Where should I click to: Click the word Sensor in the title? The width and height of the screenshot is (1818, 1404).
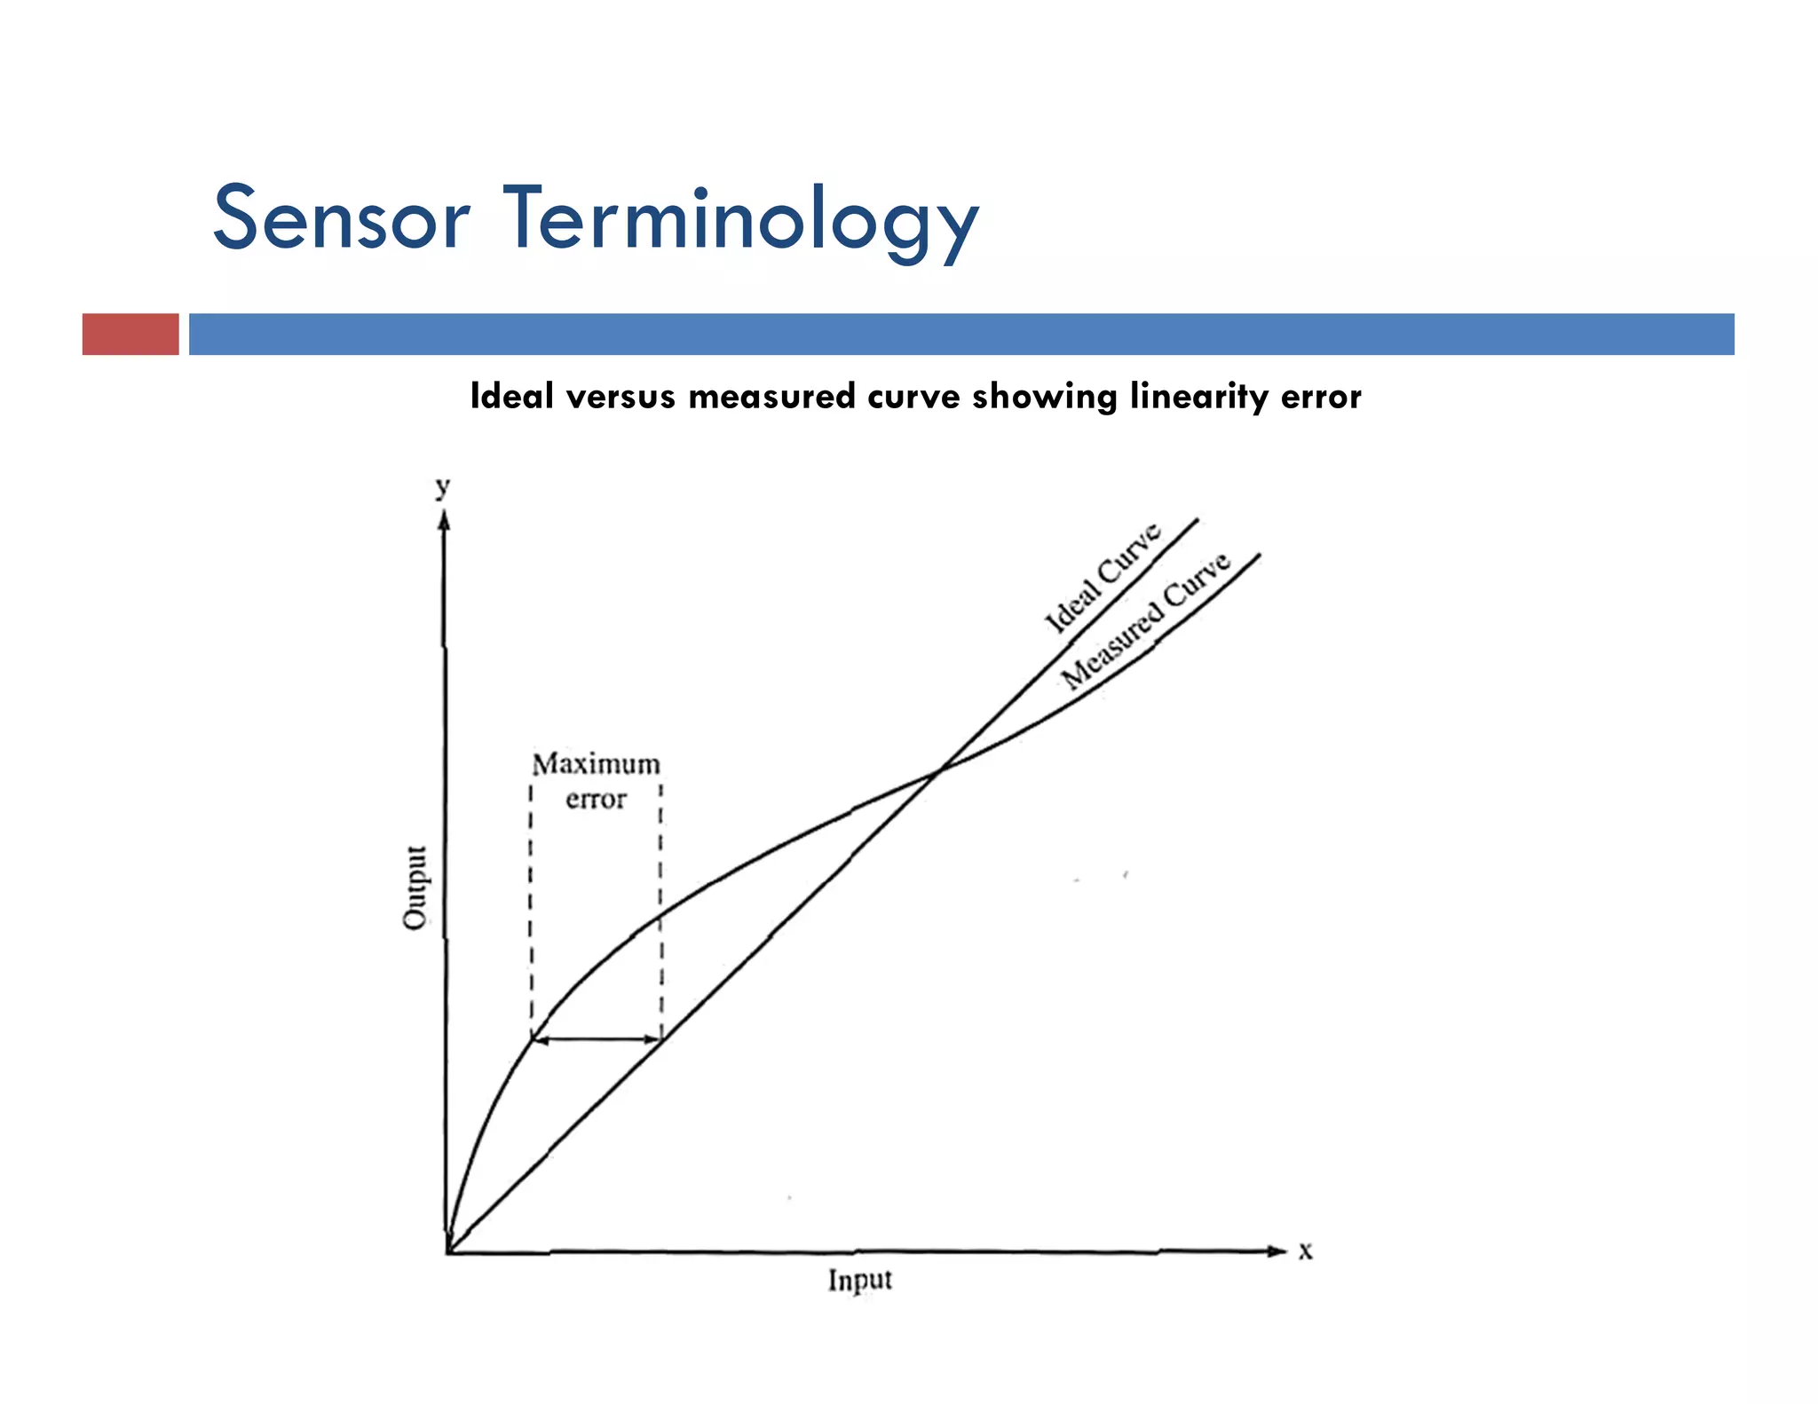click(341, 218)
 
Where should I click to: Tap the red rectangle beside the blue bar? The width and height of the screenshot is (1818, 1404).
click(130, 334)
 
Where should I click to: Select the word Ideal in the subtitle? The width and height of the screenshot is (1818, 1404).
click(512, 396)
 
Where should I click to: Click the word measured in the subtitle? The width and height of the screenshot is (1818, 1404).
click(771, 397)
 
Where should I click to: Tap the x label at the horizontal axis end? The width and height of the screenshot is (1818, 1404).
click(1305, 1250)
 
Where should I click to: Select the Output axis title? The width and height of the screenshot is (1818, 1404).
click(415, 887)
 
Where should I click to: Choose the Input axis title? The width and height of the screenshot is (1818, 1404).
click(859, 1280)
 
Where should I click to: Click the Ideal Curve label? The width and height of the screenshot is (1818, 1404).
click(1102, 578)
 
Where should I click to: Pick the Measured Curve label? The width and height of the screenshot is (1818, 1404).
click(1146, 619)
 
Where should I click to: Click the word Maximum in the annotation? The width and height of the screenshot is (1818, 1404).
click(596, 764)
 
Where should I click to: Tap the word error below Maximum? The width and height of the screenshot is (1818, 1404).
click(596, 800)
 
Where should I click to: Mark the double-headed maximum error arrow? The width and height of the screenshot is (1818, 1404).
click(596, 1039)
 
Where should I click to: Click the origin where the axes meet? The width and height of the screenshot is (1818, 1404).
click(447, 1252)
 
